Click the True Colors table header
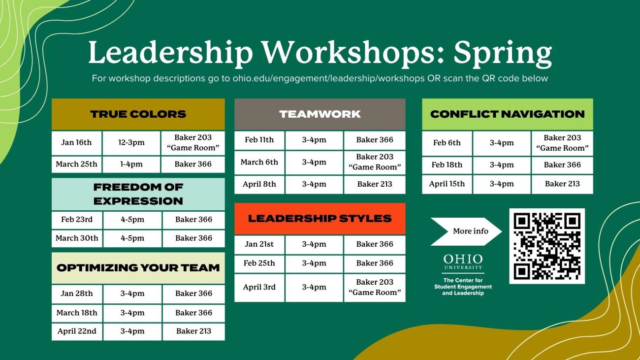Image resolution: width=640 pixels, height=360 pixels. pos(138,114)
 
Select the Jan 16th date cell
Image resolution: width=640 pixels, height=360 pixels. pos(76,143)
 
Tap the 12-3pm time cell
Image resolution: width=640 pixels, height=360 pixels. pos(131,143)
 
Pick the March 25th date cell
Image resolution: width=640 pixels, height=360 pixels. pos(76,164)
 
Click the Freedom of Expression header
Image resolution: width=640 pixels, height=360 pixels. pos(138,194)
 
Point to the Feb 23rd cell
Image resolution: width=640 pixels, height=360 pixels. pos(76,220)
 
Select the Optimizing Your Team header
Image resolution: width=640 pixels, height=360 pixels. pos(138,268)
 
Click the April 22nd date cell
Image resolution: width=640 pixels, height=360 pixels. pos(77,331)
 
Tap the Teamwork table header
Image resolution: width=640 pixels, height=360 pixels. pos(320,114)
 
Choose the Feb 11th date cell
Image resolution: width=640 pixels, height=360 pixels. pos(259,140)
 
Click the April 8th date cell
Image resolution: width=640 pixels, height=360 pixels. pos(259,185)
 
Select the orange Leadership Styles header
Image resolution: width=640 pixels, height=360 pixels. pos(320,218)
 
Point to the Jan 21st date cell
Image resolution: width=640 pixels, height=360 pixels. pos(259,244)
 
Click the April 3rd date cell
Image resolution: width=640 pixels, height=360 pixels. pos(259,288)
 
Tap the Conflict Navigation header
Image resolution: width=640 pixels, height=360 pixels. pos(507,114)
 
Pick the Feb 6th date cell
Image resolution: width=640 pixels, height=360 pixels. pos(447,143)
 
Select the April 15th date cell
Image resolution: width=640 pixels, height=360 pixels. pos(447,184)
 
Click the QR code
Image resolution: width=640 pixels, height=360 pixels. pos(547,246)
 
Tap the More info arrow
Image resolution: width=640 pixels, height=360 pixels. pos(466,231)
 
